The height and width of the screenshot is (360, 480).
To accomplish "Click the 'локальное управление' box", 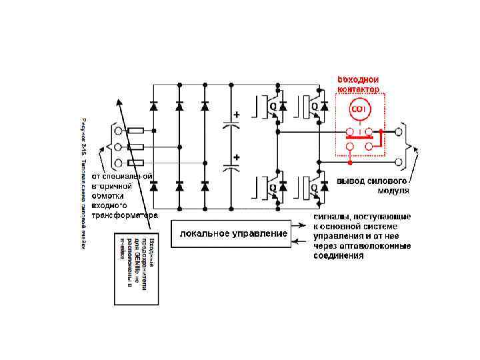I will pyautogui.click(x=233, y=233).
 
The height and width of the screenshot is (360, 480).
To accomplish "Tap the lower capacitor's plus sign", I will pyautogui.click(x=236, y=157).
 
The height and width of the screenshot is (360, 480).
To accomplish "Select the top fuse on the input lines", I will pyautogui.click(x=136, y=131).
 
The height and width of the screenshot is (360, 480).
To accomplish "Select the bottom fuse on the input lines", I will pyautogui.click(x=136, y=163).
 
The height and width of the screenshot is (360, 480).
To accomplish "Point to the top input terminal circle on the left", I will pyautogui.click(x=118, y=131).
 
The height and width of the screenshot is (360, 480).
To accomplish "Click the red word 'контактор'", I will pyautogui.click(x=358, y=89).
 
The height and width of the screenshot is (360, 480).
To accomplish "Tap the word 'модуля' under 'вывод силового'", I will pyautogui.click(x=393, y=191).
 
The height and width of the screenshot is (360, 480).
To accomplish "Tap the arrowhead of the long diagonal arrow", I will pyautogui.click(x=119, y=102).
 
